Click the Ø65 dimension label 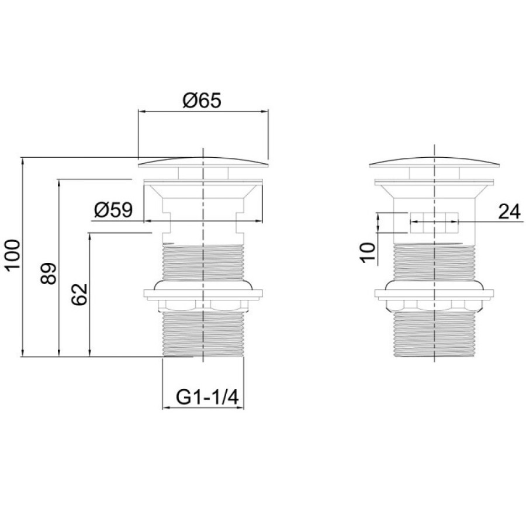202,101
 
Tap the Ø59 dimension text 113,210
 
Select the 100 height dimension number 13,255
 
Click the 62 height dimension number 80,294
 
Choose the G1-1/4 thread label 207,397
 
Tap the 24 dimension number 509,212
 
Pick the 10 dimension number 368,253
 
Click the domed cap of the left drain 203,162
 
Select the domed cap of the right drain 434,162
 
